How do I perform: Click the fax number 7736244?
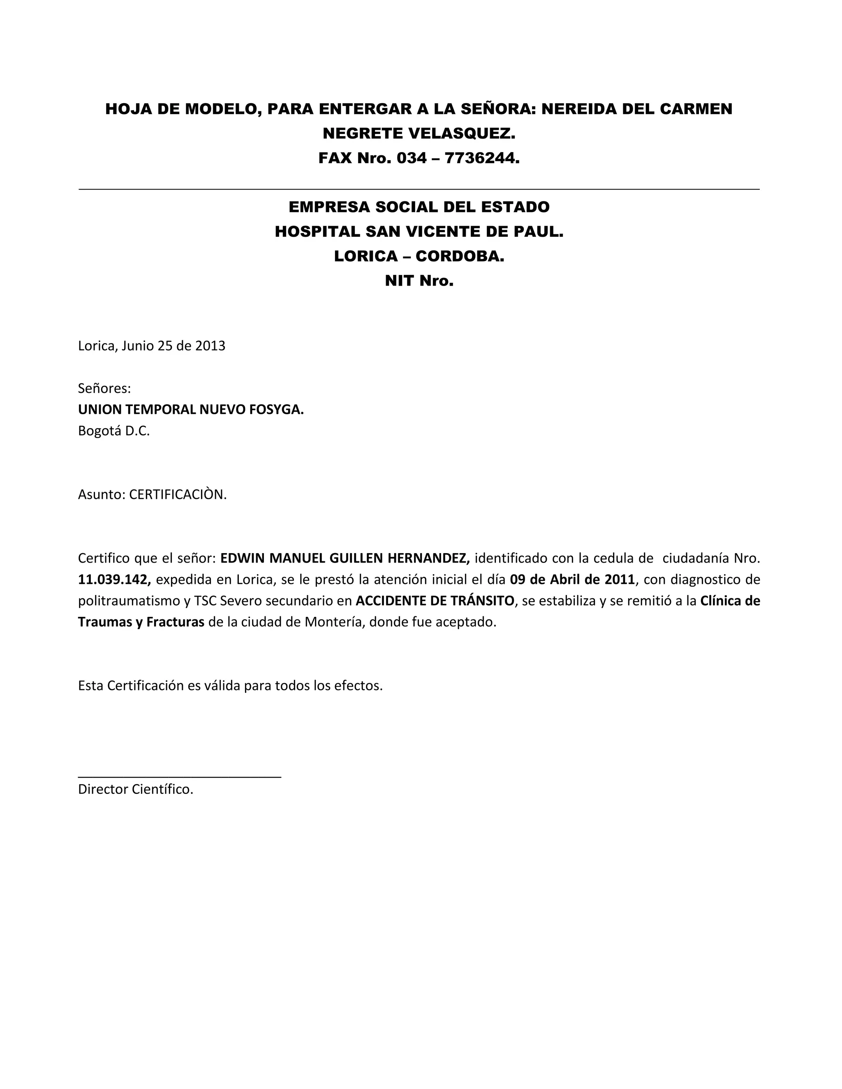click(x=481, y=158)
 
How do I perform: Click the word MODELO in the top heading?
click(x=220, y=109)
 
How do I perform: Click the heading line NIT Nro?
click(x=419, y=281)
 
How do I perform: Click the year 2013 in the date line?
click(x=210, y=346)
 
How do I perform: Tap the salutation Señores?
click(x=104, y=388)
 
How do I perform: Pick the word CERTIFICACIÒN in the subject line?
click(x=177, y=495)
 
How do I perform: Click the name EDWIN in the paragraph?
click(x=241, y=558)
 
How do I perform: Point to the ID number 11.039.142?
click(x=114, y=580)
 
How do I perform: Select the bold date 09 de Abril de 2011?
click(x=573, y=580)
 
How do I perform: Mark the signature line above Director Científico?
click(x=180, y=776)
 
